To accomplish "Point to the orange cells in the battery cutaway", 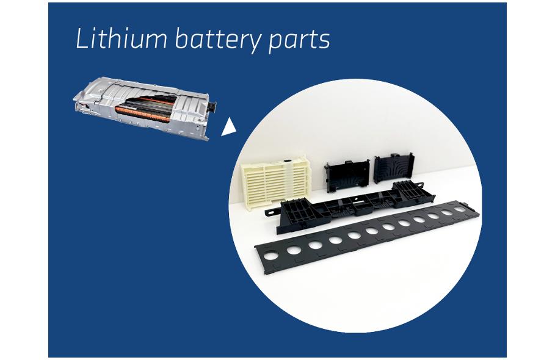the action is point(143,112).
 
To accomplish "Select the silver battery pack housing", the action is point(145,107).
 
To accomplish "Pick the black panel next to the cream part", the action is point(347,175).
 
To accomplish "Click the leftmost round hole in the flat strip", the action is point(272,255).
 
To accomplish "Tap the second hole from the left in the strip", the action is point(294,250).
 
